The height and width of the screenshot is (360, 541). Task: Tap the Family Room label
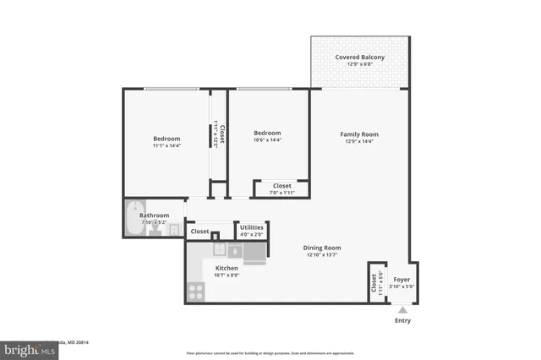click(x=358, y=134)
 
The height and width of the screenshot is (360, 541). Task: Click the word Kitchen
click(x=227, y=268)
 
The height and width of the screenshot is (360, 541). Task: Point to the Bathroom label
click(x=155, y=215)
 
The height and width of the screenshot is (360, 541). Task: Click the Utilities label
click(x=251, y=227)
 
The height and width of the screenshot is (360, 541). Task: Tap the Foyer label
click(x=402, y=279)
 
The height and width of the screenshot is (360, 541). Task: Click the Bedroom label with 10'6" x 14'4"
click(x=267, y=133)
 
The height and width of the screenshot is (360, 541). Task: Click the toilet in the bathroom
click(x=156, y=230)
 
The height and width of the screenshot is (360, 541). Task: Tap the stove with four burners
click(x=195, y=292)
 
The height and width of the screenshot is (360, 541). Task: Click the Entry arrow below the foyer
click(x=402, y=310)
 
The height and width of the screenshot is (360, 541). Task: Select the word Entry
click(x=402, y=321)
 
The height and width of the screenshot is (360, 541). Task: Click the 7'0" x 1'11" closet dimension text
click(x=281, y=192)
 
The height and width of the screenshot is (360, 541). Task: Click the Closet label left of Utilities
click(x=199, y=231)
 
